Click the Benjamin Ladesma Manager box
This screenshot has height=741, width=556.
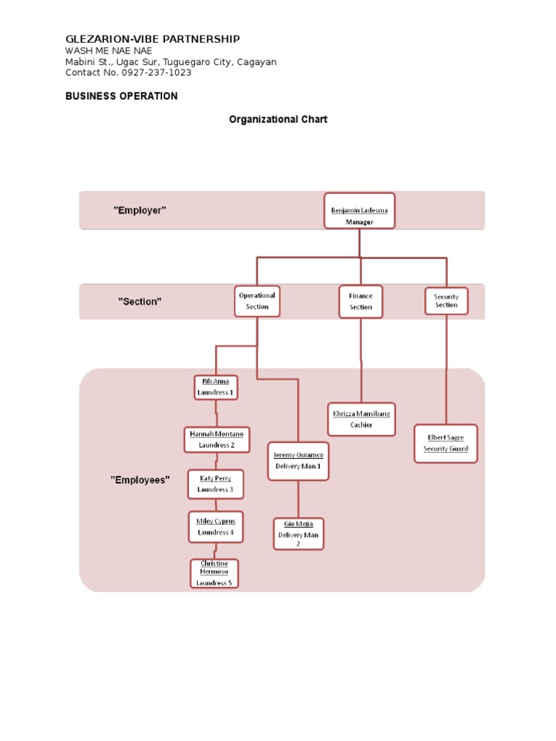pos(359,211)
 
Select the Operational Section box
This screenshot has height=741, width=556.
pos(257,301)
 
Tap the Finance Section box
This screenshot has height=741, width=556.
pos(361,302)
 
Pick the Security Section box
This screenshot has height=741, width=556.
pos(446,300)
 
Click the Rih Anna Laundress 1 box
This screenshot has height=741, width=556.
pos(216,387)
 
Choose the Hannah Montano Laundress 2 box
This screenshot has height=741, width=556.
pos(216,439)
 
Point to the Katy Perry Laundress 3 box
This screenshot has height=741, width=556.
pos(216,484)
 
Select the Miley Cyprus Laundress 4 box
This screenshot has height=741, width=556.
pos(216,527)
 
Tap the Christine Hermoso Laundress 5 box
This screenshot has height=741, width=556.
pos(214,573)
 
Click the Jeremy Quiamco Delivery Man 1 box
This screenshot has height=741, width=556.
pos(298,461)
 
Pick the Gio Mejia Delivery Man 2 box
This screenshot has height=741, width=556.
pos(298,534)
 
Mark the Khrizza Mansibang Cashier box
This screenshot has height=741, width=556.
pos(361,420)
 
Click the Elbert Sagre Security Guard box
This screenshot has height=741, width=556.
pos(445,444)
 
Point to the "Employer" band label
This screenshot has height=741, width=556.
pos(140,210)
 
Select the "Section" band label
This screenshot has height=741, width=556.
pos(140,302)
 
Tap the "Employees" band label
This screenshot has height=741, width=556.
pos(140,480)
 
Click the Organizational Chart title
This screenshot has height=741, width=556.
pos(278,119)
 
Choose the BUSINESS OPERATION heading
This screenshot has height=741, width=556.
pos(122,96)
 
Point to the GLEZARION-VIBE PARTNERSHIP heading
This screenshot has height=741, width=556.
pos(153,39)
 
